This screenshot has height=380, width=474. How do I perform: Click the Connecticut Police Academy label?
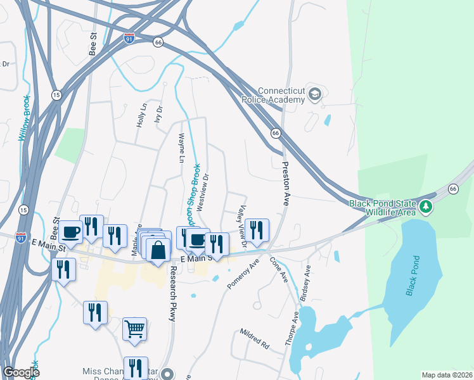[x=274, y=95]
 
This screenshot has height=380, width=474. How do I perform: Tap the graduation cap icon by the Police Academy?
[x=315, y=94]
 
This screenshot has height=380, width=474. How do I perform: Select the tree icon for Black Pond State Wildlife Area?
[x=426, y=207]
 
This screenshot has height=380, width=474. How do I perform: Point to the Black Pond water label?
[x=413, y=276]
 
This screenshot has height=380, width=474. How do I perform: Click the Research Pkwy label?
[x=172, y=293]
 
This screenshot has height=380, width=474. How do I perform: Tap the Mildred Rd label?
[x=255, y=339]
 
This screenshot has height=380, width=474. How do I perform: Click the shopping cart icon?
[x=134, y=329]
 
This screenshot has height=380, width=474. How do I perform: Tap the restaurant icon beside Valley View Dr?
[x=257, y=229]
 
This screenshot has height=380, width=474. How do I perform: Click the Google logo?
[x=22, y=372]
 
